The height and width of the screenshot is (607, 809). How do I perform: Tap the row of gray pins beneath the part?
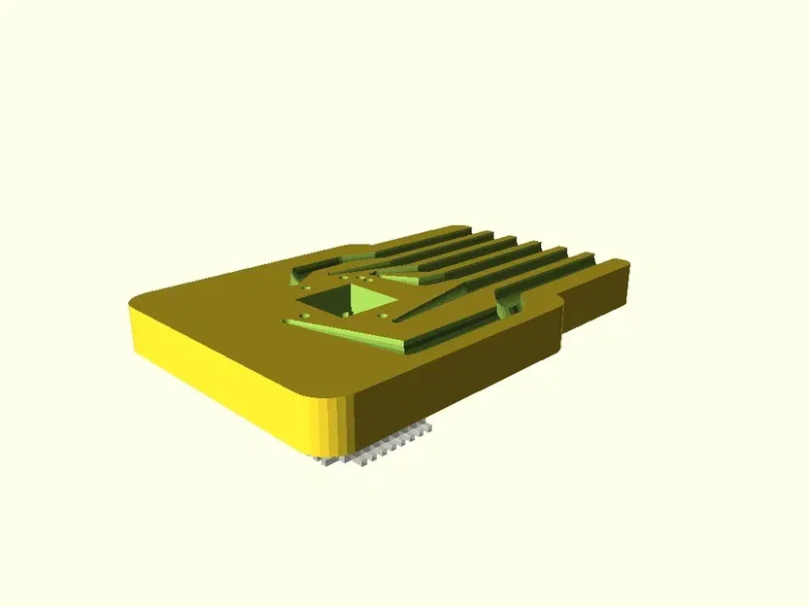(374, 453)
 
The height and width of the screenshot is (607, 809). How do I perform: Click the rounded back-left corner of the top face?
(146, 296)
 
